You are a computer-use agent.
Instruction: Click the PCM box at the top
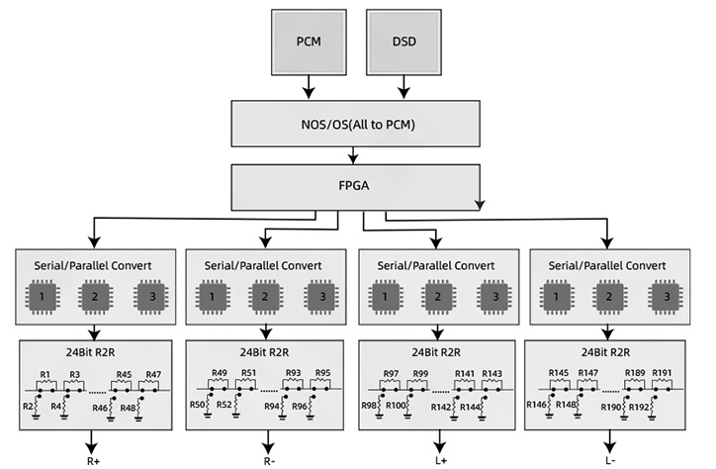pyautogui.click(x=308, y=42)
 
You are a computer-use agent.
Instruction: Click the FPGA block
pyautogui.click(x=357, y=184)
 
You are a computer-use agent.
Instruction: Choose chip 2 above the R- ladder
pyautogui.click(x=263, y=297)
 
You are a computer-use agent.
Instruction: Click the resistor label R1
pyautogui.click(x=45, y=374)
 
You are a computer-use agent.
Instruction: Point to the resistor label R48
pyautogui.click(x=129, y=407)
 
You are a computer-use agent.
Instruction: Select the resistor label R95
pyautogui.click(x=322, y=374)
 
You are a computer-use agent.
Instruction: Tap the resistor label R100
pyautogui.click(x=398, y=407)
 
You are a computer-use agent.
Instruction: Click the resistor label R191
pyautogui.click(x=663, y=374)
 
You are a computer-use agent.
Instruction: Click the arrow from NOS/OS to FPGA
pyautogui.click(x=357, y=153)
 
